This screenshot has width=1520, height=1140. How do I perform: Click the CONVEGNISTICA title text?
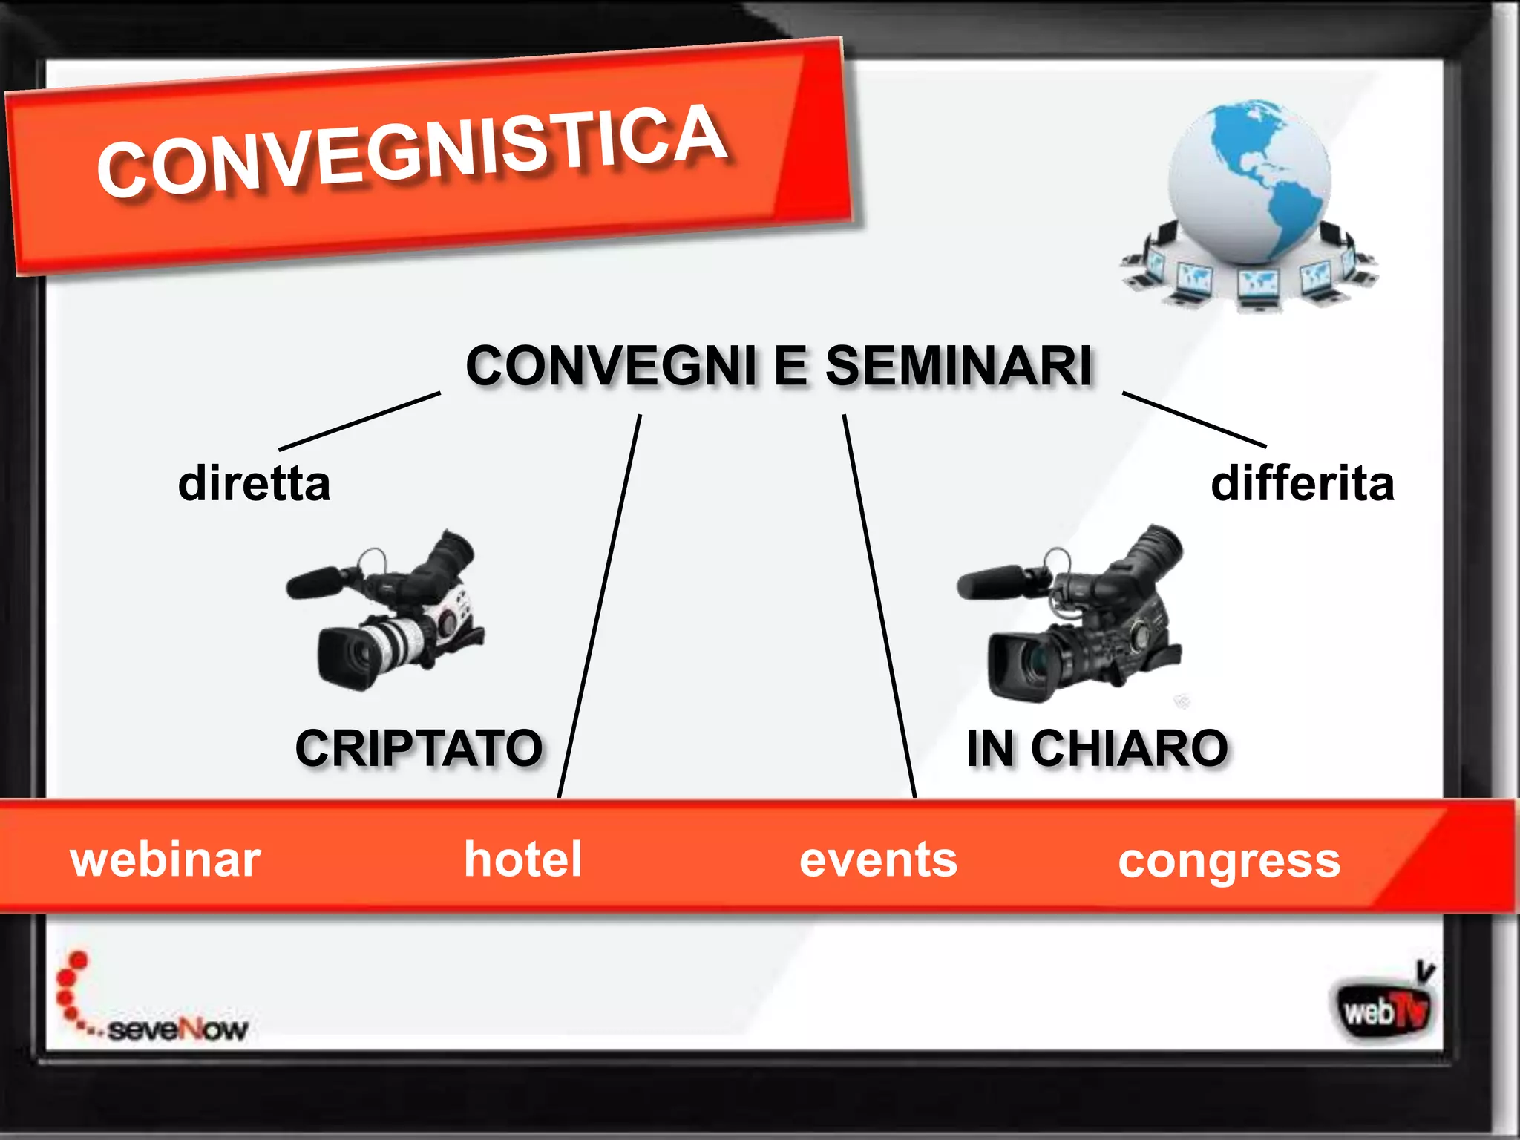tap(412, 152)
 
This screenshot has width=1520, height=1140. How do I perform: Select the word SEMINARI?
tap(958, 366)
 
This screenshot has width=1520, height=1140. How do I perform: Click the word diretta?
tap(254, 484)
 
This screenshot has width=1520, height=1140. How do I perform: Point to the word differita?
tap(1303, 484)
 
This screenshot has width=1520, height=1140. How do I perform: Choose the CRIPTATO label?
tap(419, 747)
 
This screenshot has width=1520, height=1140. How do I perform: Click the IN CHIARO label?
tap(1097, 747)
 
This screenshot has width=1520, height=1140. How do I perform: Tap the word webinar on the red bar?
tap(166, 859)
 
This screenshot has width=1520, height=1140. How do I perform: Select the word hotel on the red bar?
tap(523, 859)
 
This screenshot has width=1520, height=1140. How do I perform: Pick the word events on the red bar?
tap(879, 859)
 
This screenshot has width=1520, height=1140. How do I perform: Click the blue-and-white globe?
tap(1250, 182)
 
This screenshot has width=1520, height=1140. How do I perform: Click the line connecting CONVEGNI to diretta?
tap(360, 421)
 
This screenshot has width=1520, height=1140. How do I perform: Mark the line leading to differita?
tap(1194, 419)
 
